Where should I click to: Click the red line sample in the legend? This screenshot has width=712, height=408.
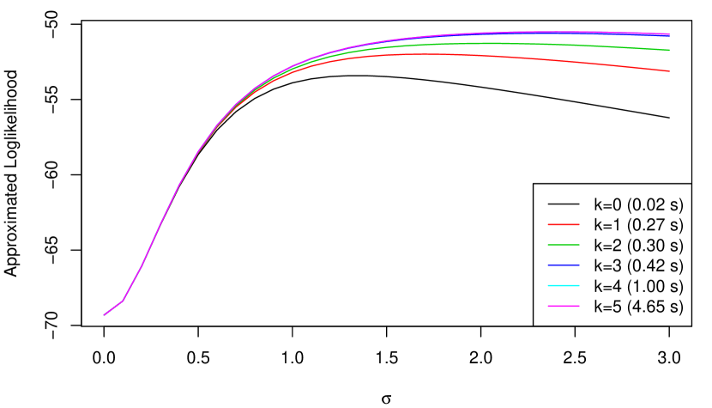tap(564, 224)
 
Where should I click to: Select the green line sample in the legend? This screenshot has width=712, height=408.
tap(564, 245)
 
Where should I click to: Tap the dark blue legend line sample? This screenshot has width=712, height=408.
tap(564, 265)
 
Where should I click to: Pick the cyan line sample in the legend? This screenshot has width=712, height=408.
tap(564, 285)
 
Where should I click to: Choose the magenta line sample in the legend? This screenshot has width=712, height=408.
tap(564, 306)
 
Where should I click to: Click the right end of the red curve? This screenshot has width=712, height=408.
tap(669, 71)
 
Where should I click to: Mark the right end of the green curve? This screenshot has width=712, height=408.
tap(669, 50)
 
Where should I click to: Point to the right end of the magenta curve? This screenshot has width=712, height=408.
tap(669, 34)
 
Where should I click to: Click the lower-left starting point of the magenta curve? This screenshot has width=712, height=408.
tap(105, 314)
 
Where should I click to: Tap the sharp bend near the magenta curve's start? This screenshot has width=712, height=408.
tap(123, 300)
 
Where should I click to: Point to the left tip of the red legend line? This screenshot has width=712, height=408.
tap(548, 224)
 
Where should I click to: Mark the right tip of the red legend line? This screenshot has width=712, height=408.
tap(579, 224)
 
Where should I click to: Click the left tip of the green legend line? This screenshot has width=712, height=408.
tap(548, 245)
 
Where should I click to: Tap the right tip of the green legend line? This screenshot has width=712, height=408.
tap(579, 245)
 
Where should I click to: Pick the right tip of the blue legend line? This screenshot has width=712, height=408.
tap(579, 265)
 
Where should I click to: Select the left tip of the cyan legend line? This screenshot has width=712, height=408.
tap(548, 285)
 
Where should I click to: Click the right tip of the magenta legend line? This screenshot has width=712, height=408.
tap(579, 306)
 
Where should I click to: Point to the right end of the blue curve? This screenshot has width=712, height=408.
tap(669, 36)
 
